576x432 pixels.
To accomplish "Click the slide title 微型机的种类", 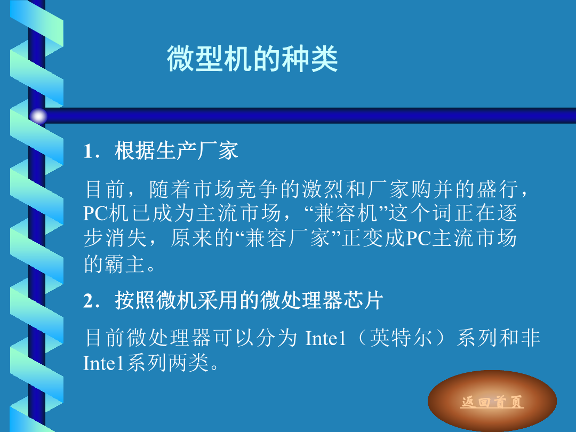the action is (252, 59).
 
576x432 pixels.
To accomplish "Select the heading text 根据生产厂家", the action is (177, 150).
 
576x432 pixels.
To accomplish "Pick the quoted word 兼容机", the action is (346, 213).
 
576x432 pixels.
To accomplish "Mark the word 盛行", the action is (498, 189).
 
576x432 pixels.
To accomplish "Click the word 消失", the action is (126, 238).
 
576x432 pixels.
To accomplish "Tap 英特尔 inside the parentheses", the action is (401, 338).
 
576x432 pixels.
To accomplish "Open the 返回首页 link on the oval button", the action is (492, 402).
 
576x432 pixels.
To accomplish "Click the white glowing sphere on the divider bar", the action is (38, 116).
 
